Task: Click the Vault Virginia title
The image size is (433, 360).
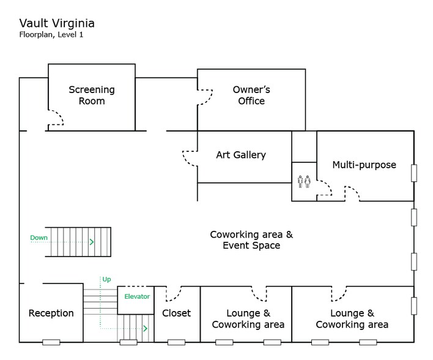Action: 57,23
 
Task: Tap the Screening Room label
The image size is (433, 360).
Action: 92,96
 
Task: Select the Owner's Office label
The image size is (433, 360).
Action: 251,96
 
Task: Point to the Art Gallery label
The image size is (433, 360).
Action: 241,155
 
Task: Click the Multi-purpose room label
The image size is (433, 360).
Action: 364,165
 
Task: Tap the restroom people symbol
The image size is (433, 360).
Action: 304,181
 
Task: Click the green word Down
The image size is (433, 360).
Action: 39,238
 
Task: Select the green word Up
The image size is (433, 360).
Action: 106,279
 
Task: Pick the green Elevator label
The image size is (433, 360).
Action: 137,297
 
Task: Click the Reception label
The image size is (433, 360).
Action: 51,313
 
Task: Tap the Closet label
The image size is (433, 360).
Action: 177,313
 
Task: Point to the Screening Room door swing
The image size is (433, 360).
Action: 56,118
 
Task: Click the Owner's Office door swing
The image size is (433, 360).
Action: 205,97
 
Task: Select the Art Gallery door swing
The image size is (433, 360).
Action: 190,158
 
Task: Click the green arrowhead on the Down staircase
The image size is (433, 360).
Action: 92,242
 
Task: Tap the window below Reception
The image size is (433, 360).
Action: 51,342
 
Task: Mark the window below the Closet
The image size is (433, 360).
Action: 176,342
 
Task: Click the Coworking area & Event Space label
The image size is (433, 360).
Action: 251,239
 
